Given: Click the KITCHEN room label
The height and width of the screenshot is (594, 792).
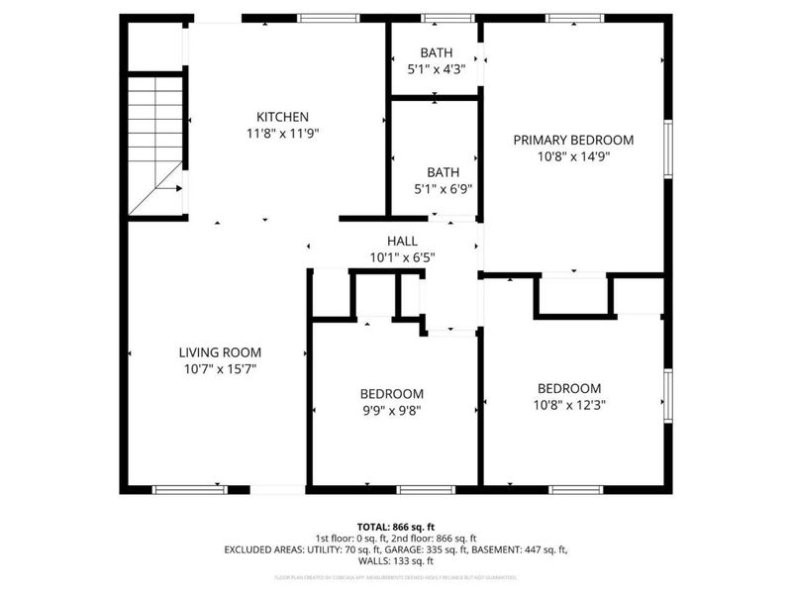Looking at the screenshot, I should pyautogui.click(x=283, y=117).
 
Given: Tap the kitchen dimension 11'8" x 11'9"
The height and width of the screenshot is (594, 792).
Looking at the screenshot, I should pyautogui.click(x=283, y=132).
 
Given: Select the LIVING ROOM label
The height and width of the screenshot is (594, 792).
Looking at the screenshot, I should pyautogui.click(x=220, y=352).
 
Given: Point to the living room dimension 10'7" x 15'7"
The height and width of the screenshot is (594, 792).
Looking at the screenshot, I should pyautogui.click(x=220, y=368).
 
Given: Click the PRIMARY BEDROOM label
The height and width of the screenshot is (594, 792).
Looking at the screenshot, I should pyautogui.click(x=573, y=141).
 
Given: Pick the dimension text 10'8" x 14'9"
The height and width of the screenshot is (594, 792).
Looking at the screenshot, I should pyautogui.click(x=573, y=156).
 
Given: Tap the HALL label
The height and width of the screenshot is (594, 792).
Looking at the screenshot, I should pyautogui.click(x=402, y=241).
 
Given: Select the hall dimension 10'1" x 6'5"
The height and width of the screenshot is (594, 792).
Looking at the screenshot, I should pyautogui.click(x=402, y=256).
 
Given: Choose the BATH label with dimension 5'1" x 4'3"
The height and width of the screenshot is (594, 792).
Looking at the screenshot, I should pyautogui.click(x=436, y=53).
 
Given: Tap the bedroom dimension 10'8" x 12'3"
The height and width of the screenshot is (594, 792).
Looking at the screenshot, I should pyautogui.click(x=569, y=404).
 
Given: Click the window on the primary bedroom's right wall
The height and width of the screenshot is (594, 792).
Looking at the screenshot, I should pyautogui.click(x=668, y=148).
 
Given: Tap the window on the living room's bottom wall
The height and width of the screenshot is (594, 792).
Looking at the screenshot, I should pyautogui.click(x=189, y=488).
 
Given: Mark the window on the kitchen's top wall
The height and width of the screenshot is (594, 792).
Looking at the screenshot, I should pyautogui.click(x=329, y=18).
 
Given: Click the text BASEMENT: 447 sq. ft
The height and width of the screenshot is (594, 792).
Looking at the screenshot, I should pyautogui.click(x=526, y=548).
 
